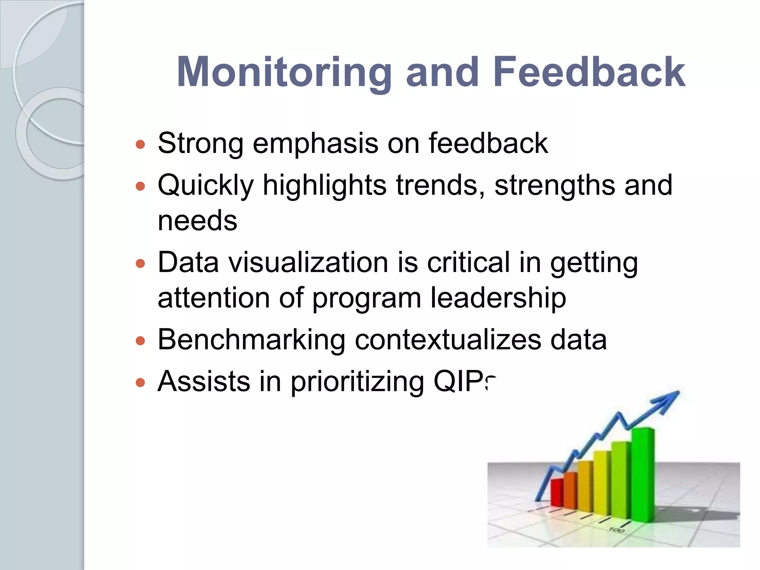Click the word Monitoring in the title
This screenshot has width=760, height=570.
point(284,72)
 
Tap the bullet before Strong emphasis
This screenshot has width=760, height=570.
point(140,144)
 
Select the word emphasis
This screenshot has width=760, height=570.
point(315,144)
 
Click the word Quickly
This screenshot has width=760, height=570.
point(206,185)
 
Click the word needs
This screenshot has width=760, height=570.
point(197,221)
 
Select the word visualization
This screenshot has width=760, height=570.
point(308,263)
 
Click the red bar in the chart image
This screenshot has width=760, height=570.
point(556,493)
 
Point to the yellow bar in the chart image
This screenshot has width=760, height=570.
point(601,482)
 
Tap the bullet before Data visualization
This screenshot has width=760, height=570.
point(140,264)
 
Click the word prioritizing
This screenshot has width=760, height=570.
point(357,382)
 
